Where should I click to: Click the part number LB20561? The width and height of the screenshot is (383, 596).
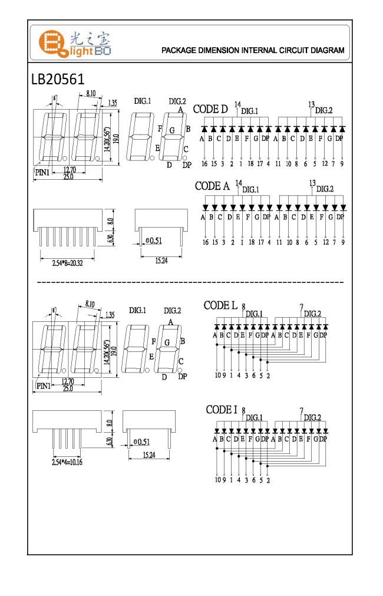pyautogui.click(x=58, y=79)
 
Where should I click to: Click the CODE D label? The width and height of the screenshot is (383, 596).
pyautogui.click(x=210, y=109)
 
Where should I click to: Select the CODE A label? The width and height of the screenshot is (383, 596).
pyautogui.click(x=212, y=186)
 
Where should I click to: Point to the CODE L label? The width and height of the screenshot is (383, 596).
pyautogui.click(x=221, y=305)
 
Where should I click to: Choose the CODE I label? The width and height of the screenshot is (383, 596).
pyautogui.click(x=222, y=410)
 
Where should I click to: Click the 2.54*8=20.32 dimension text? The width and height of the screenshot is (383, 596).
pyautogui.click(x=68, y=263)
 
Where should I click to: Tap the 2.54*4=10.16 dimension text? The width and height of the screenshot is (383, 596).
pyautogui.click(x=67, y=462)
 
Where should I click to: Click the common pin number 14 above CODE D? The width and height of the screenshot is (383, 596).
pyautogui.click(x=237, y=104)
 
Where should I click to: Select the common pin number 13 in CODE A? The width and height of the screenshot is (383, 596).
pyautogui.click(x=312, y=183)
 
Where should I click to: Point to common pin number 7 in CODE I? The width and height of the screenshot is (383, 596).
pyautogui.click(x=301, y=411)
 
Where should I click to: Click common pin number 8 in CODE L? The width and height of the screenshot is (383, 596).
pyautogui.click(x=243, y=307)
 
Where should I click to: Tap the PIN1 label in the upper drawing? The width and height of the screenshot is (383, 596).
pyautogui.click(x=42, y=173)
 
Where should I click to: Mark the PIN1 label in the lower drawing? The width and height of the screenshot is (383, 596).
pyautogui.click(x=44, y=386)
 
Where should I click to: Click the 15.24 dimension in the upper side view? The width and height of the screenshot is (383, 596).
pyautogui.click(x=161, y=261)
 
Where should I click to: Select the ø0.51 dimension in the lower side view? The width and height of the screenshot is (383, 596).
pyautogui.click(x=141, y=442)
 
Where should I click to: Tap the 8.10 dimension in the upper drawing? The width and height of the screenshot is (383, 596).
pyautogui.click(x=91, y=94)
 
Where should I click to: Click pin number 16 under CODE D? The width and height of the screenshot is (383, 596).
pyautogui.click(x=204, y=164)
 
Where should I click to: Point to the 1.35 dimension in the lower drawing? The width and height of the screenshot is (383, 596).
pyautogui.click(x=110, y=315)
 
